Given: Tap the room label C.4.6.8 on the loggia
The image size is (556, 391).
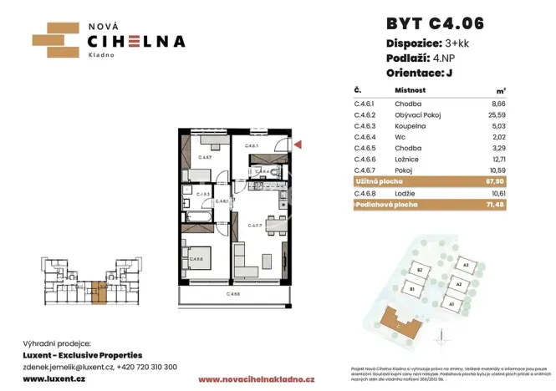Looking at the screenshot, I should click(x=233, y=294).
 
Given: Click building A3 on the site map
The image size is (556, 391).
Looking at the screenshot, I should click(x=464, y=265).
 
